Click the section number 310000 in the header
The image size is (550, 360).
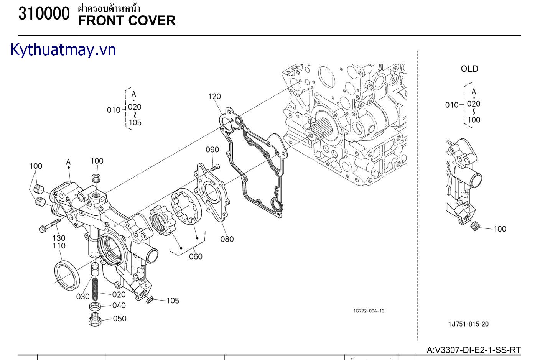(x=44, y=14)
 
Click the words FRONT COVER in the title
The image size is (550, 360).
(x=127, y=21)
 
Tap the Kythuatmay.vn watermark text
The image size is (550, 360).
(x=63, y=50)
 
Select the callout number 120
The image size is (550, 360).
(x=214, y=96)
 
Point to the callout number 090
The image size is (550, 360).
(x=212, y=150)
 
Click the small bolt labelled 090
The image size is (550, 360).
(x=216, y=167)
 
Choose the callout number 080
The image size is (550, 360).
(x=227, y=239)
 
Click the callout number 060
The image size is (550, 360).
(x=196, y=256)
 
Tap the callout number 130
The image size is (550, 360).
(x=59, y=238)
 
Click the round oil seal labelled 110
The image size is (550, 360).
(x=68, y=275)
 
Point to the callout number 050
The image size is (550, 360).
(x=120, y=318)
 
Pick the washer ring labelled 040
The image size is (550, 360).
(x=96, y=307)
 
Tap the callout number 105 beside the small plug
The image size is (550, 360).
(x=173, y=301)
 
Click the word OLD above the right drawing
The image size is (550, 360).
(x=469, y=69)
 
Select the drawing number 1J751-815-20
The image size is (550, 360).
(x=468, y=324)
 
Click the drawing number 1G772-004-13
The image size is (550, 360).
(x=369, y=311)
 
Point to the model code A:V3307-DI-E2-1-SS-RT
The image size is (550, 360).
(x=474, y=350)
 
